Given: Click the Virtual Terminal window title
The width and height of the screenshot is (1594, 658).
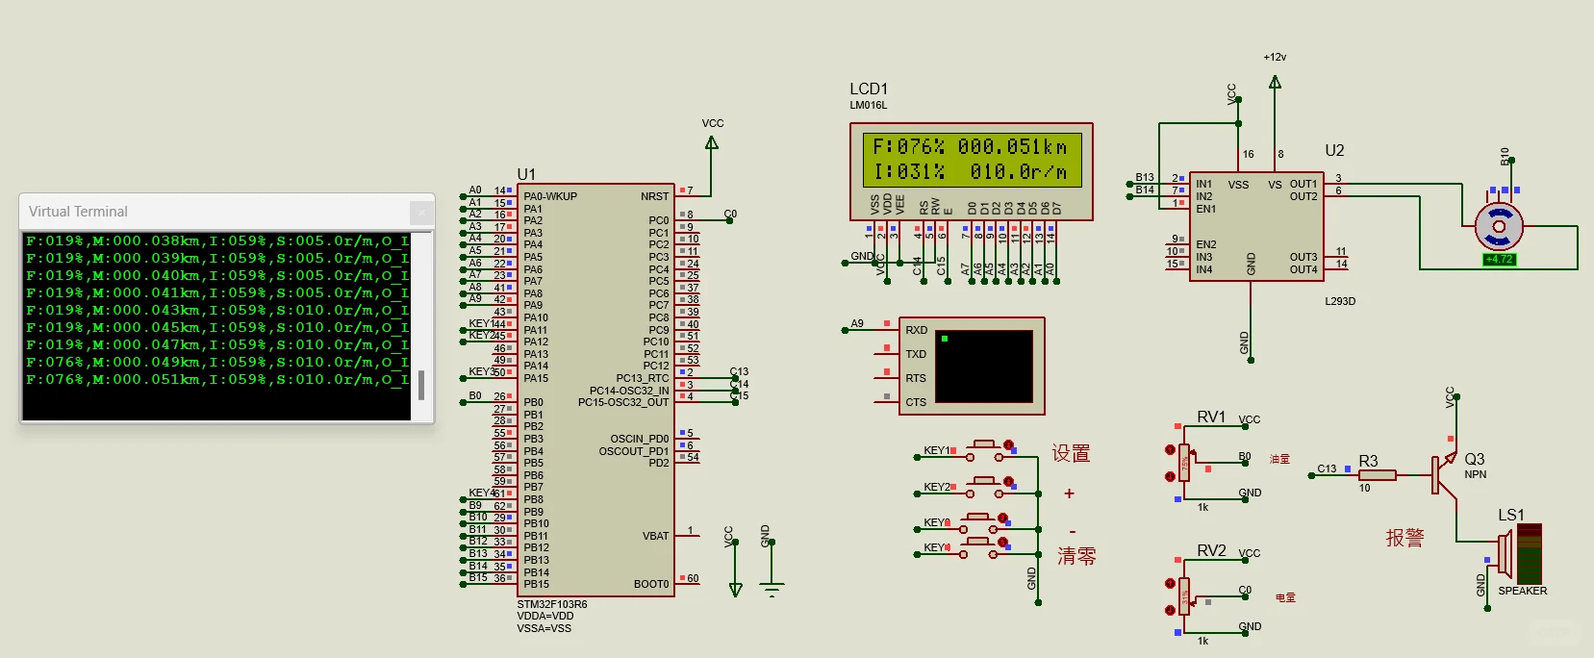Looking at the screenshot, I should (x=78, y=212).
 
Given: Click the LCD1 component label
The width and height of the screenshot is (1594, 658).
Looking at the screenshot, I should (x=869, y=89).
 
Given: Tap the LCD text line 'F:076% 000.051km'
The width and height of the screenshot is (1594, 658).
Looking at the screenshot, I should (x=970, y=147).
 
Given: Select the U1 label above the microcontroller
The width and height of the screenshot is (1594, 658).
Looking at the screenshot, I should (x=526, y=174).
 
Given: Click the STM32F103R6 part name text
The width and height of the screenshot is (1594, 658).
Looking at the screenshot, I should (x=551, y=604).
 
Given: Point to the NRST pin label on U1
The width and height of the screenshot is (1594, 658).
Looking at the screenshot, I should (x=654, y=196).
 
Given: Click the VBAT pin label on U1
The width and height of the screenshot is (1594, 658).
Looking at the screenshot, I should (x=655, y=536).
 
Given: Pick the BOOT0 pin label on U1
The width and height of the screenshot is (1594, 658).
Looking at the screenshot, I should (x=651, y=584).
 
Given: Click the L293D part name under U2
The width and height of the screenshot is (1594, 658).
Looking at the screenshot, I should (x=1339, y=301).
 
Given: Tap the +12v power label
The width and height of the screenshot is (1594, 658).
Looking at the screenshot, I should (x=1275, y=57).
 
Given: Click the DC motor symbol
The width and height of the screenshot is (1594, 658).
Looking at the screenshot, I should (x=1498, y=227).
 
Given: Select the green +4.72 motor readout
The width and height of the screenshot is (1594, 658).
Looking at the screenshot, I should (x=1499, y=259).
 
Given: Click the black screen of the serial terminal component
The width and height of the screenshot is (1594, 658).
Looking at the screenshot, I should (x=983, y=367).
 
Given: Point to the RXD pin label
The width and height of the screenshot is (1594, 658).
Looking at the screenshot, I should (x=916, y=330).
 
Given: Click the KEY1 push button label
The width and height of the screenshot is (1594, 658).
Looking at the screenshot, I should (x=936, y=450).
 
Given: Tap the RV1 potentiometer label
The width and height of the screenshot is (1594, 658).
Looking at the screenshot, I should (x=1211, y=417).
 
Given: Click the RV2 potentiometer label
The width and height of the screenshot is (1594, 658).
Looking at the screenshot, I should (x=1211, y=550).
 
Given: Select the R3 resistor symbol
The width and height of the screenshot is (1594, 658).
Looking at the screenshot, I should (x=1377, y=475).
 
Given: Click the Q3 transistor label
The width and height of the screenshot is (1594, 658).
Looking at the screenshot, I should (x=1474, y=459).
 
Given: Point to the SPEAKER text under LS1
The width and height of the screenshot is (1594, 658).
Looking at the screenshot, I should (x=1522, y=591).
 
